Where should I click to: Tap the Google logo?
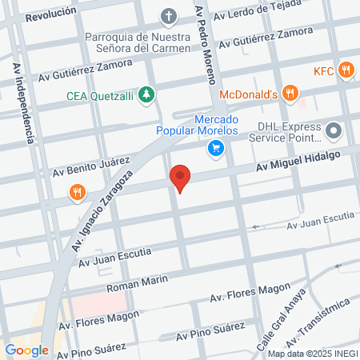point(26,350)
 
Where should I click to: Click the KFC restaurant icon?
point(346,70)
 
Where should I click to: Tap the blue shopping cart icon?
point(215,147)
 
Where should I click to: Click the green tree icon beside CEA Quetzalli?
point(146,95)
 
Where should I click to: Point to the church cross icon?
point(169,15)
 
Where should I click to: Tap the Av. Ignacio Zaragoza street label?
point(101,212)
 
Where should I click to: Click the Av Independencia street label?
point(24,102)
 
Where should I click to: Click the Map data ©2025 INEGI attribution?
point(311,354)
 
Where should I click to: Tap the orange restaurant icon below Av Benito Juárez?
point(77,192)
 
